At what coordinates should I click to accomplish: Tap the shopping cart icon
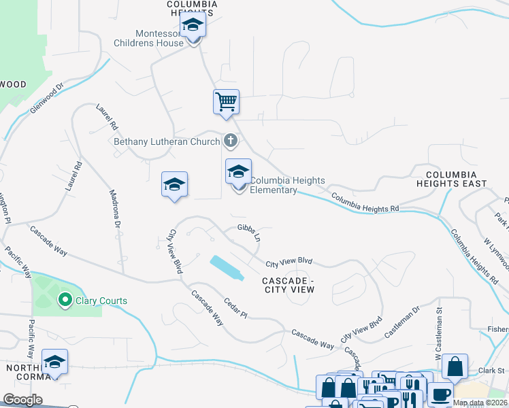tap(226, 103)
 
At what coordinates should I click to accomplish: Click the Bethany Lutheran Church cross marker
tap(231, 141)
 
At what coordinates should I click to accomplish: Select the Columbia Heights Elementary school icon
tap(238, 172)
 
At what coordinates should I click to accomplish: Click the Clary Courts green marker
tap(65, 299)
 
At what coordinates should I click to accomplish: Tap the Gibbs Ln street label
tap(249, 233)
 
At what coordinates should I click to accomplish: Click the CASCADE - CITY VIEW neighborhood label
tap(289, 285)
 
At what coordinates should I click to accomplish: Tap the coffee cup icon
tap(440, 395)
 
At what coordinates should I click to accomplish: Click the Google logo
tap(22, 400)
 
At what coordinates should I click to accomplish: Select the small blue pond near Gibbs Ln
tap(227, 267)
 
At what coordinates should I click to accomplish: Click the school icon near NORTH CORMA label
tap(54, 363)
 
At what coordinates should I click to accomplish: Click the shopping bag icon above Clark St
tap(455, 367)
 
